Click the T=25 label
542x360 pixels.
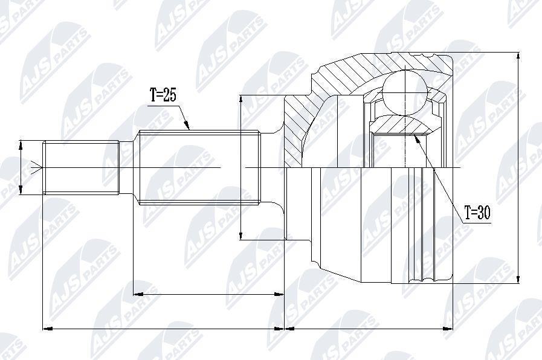163,95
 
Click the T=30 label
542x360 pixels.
477,213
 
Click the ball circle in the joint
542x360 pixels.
405,92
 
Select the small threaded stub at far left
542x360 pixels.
81,167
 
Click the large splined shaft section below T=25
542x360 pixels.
199,167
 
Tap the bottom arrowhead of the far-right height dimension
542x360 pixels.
518,279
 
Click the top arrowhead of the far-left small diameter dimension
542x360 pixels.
21,145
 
